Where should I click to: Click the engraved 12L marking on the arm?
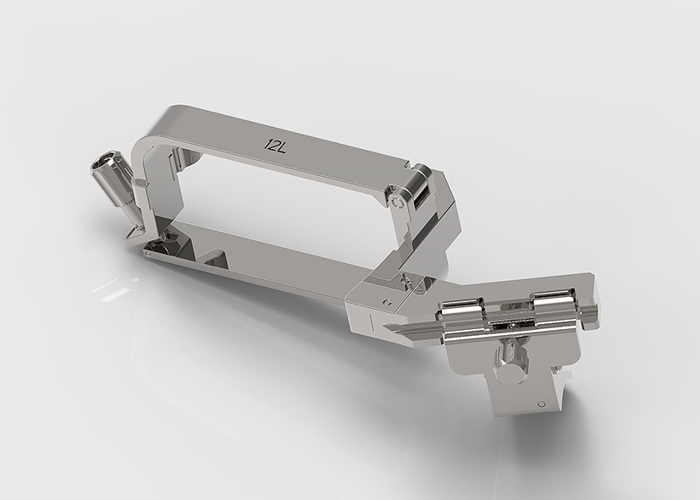point(275,145)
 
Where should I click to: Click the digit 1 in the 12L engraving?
point(267,144)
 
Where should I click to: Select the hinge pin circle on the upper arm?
point(396,202)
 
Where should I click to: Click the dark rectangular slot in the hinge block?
point(422,199)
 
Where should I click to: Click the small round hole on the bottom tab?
point(542,404)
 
